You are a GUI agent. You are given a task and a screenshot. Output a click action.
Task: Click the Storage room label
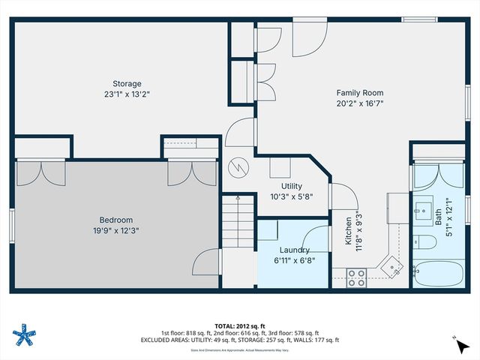[122, 83]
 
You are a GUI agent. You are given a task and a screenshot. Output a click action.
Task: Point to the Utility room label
[292, 185]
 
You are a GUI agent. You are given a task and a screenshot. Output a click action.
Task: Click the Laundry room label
[295, 250]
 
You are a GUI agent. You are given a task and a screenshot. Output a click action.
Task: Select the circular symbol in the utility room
[238, 166]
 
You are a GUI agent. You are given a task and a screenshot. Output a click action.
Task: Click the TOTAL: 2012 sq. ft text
[239, 326]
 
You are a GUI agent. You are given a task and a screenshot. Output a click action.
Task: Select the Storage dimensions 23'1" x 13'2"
[122, 94]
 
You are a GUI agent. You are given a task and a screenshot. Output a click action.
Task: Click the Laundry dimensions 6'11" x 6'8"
[295, 260]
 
